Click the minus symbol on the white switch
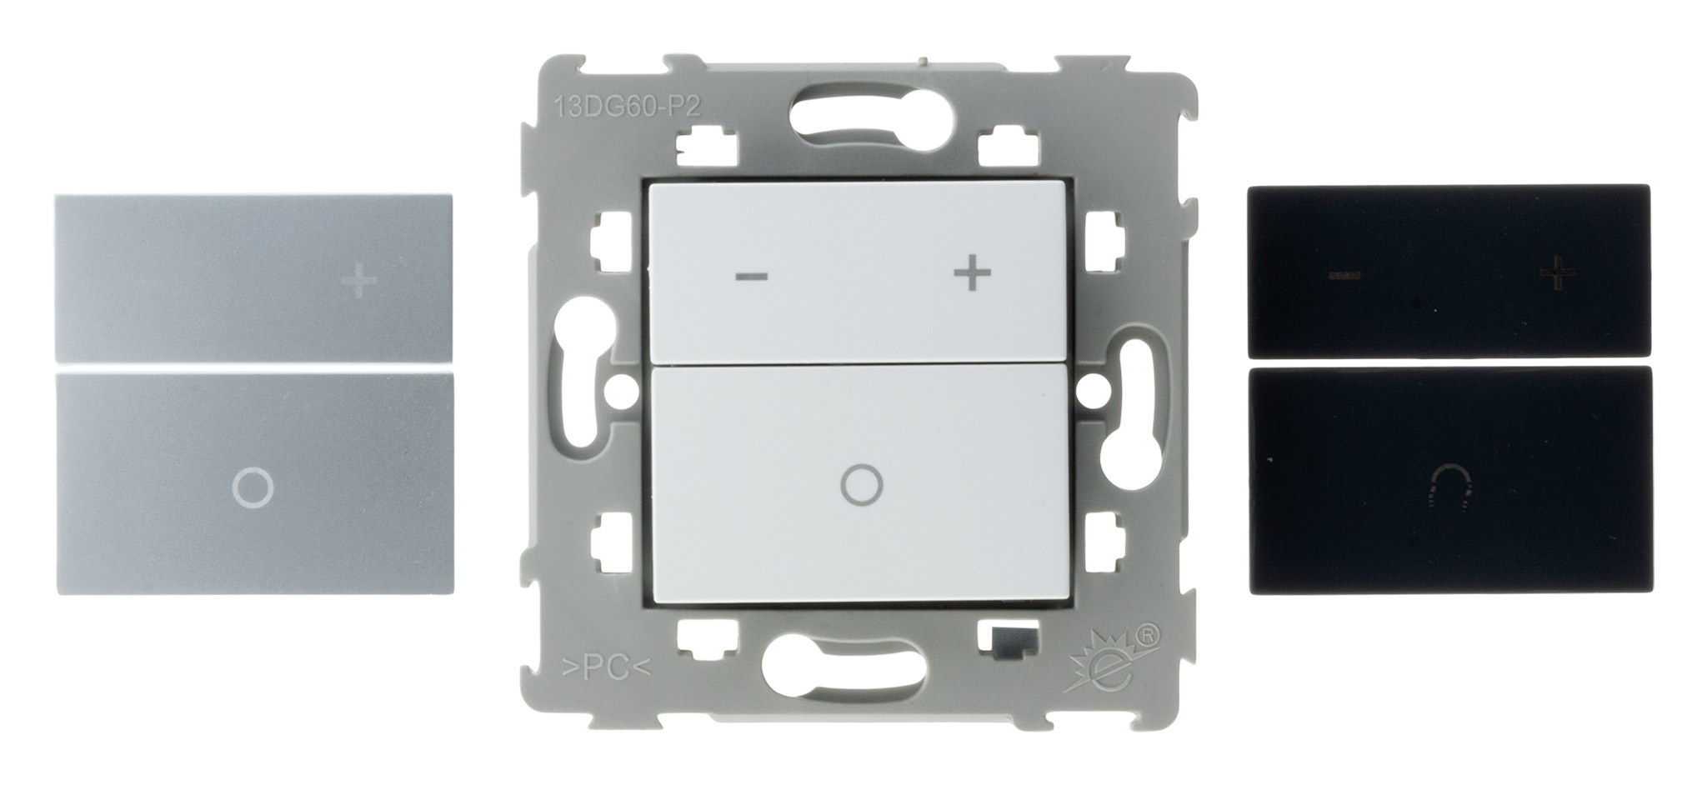751,277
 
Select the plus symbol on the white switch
973,275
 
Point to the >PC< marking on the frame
600,669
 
